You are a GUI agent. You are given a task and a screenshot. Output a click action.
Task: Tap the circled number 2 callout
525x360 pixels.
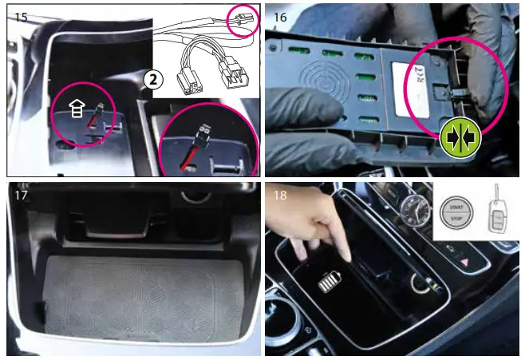click(x=152, y=80)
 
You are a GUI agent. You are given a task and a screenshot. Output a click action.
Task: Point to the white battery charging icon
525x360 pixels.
click(x=330, y=286)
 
